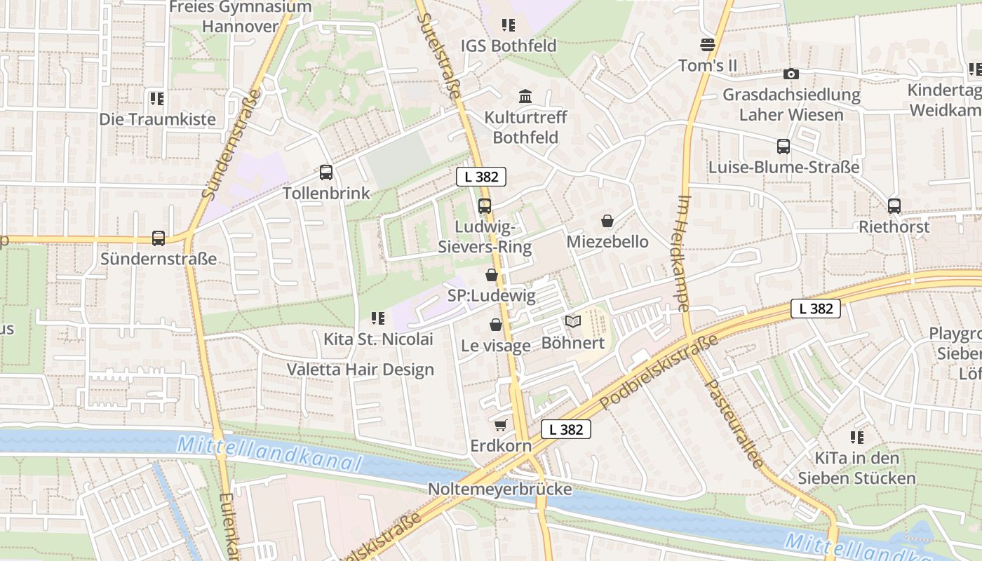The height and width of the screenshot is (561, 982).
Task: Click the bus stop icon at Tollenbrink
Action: (326, 172)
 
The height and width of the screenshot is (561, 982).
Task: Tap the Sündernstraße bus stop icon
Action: (159, 238)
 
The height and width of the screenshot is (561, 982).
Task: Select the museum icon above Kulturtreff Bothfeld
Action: (525, 95)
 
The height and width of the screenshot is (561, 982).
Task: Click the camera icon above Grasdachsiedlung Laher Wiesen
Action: (791, 74)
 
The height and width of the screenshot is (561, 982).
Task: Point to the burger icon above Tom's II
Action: (708, 45)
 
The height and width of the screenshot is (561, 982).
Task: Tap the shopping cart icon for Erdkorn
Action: (500, 426)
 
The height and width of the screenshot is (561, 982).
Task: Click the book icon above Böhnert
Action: (573, 322)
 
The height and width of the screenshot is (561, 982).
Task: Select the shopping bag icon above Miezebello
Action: (607, 221)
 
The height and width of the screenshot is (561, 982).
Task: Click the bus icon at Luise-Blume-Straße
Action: (783, 147)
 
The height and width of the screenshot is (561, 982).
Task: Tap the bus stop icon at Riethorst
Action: (894, 206)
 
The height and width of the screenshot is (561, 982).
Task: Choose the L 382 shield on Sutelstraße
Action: (481, 177)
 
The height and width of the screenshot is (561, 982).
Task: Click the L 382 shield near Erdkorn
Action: (566, 429)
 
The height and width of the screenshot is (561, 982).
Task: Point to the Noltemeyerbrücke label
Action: (500, 489)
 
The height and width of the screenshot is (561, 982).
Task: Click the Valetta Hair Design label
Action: (361, 370)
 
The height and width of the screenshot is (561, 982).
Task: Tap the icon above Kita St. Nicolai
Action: (378, 319)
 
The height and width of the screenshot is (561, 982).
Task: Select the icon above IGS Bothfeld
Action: (509, 26)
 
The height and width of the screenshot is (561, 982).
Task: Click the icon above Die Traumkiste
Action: (156, 98)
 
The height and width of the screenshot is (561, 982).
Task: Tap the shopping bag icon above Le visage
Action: (496, 325)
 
